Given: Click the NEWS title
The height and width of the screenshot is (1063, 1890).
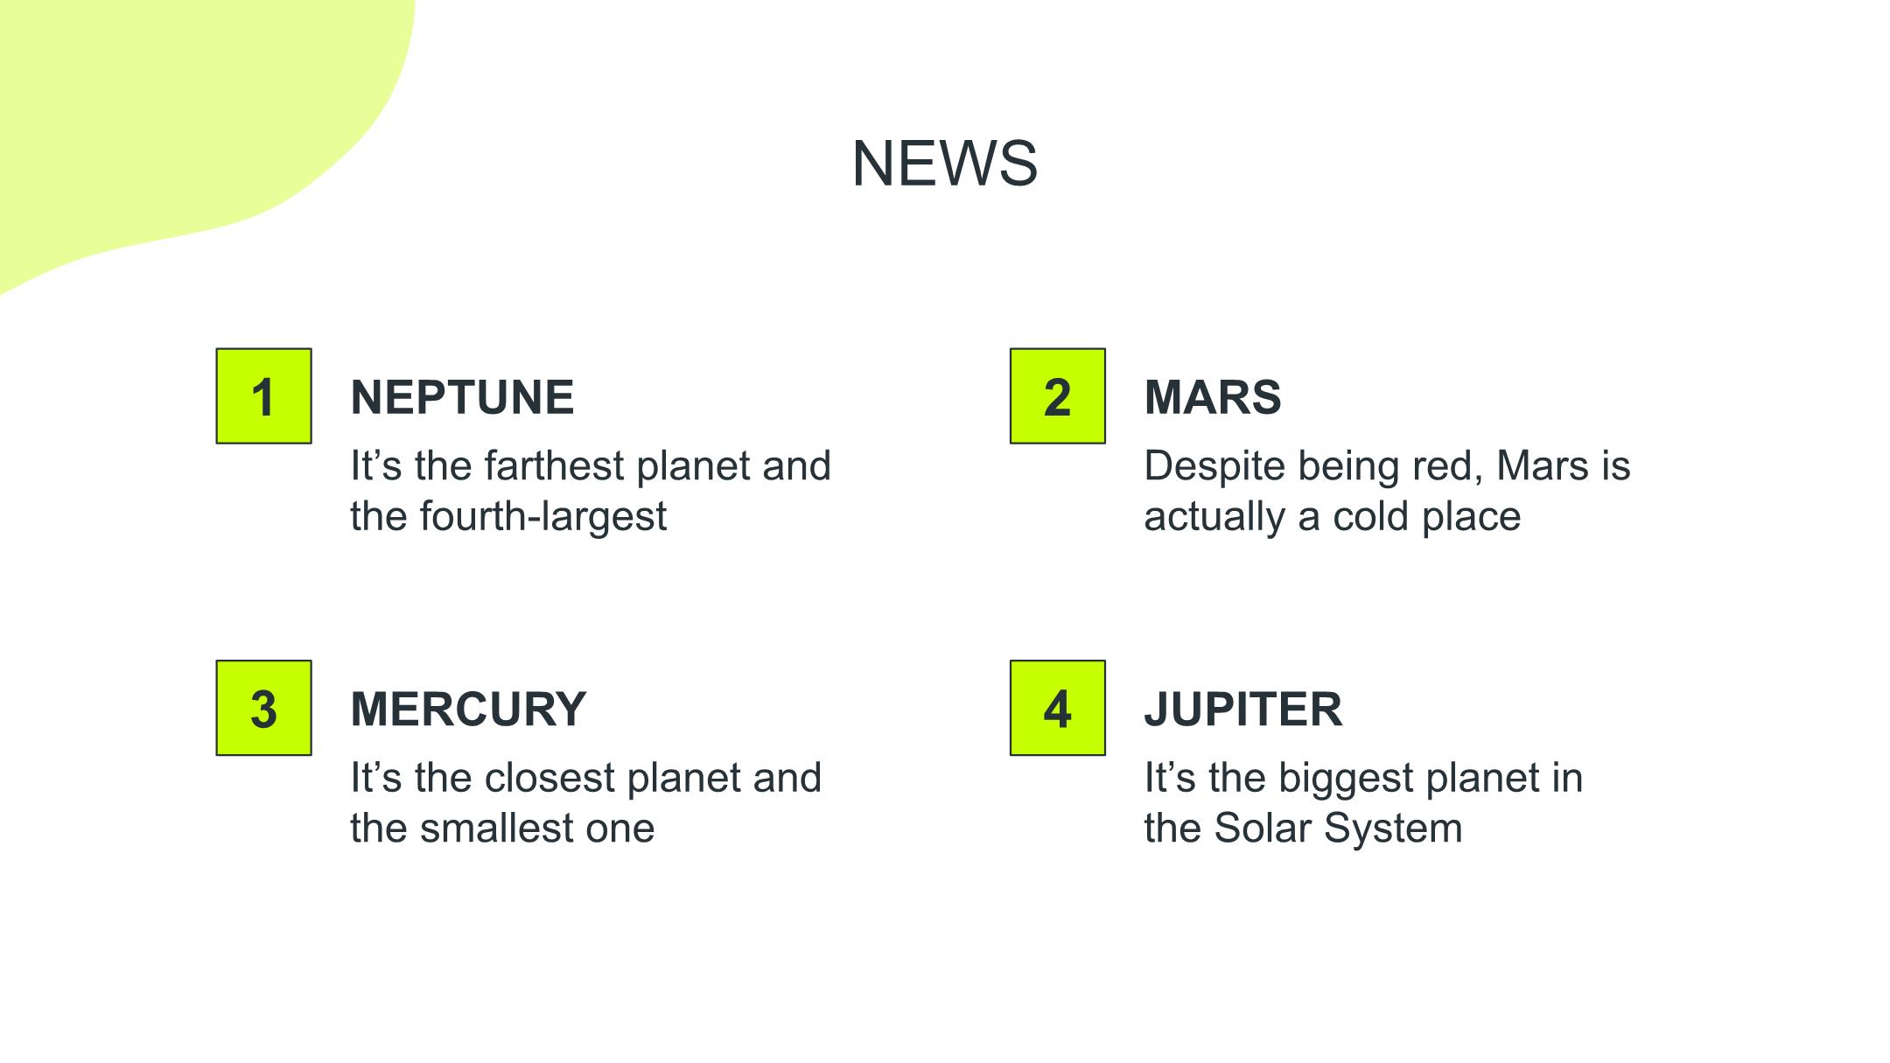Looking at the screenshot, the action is click(945, 164).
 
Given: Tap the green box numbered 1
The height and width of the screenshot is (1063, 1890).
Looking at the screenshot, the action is click(264, 396).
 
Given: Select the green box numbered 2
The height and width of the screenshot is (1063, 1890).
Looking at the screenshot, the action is click(1058, 396).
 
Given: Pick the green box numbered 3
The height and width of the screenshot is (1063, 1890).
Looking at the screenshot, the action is click(264, 708).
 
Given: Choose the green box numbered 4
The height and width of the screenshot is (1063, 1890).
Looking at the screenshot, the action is click(1058, 708).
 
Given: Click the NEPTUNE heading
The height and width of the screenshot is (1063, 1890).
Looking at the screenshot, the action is click(462, 397).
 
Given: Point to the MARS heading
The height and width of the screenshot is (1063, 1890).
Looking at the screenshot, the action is click(1213, 397).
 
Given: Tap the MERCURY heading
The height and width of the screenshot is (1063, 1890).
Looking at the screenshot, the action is click(468, 709).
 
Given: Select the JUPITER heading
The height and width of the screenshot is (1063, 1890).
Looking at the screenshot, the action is click(1243, 709).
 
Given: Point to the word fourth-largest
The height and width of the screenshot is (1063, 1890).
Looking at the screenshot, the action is click(543, 517).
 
